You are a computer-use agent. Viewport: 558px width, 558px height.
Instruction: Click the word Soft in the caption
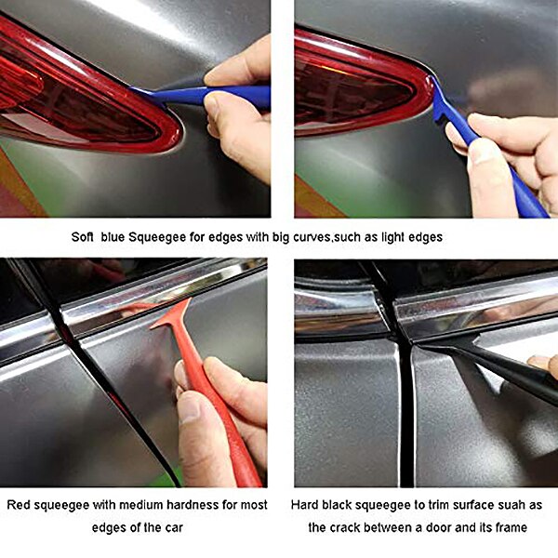click(x=84, y=237)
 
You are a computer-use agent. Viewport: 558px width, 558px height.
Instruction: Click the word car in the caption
click(x=171, y=528)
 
